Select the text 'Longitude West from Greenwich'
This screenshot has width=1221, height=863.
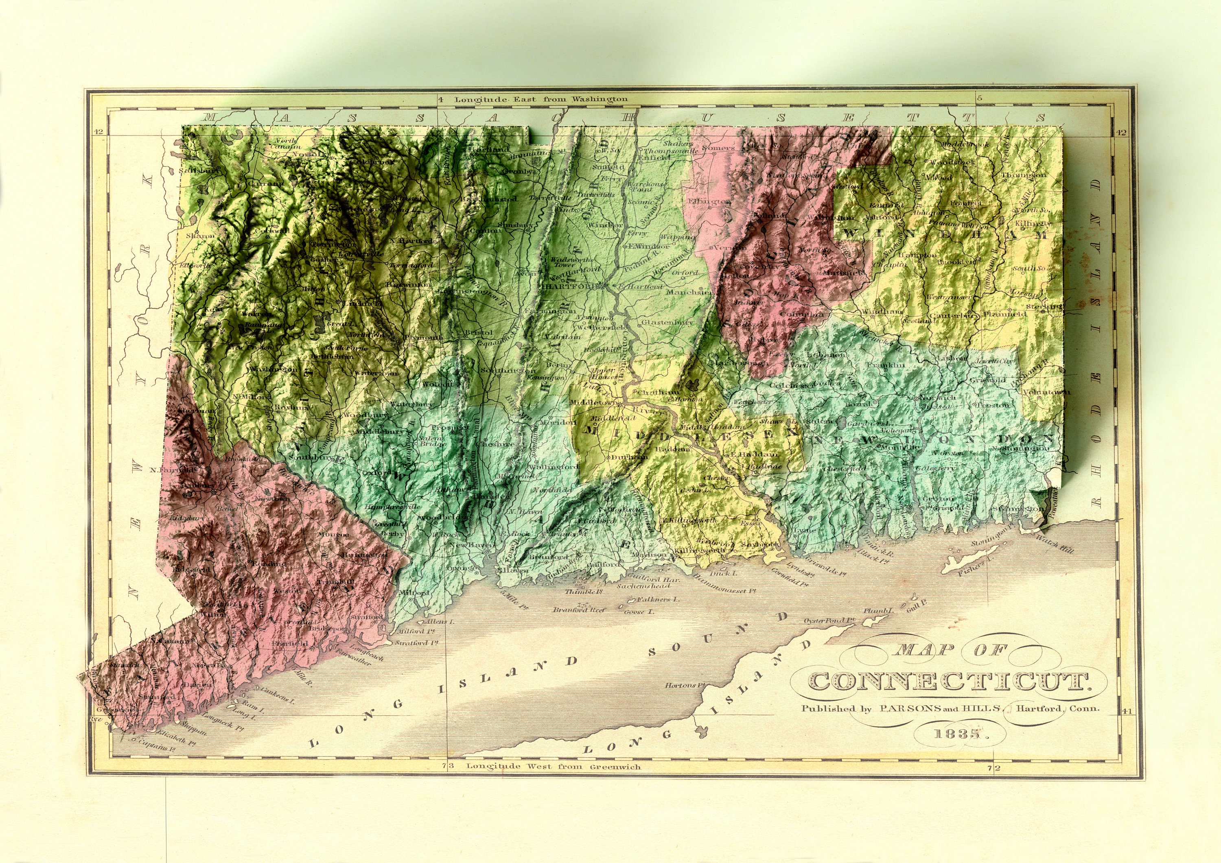click(x=553, y=767)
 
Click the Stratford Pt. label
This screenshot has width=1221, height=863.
click(x=416, y=643)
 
